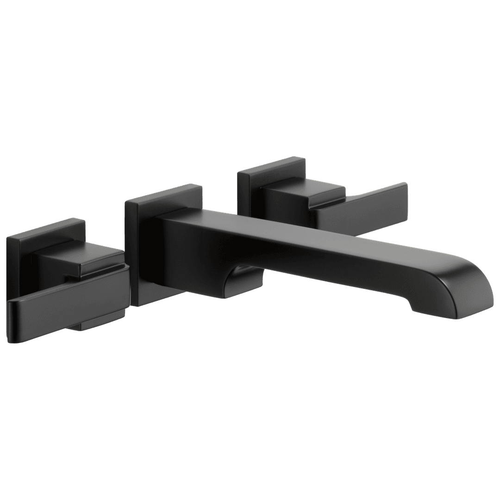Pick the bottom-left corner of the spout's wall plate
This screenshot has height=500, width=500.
[x=135, y=304]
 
